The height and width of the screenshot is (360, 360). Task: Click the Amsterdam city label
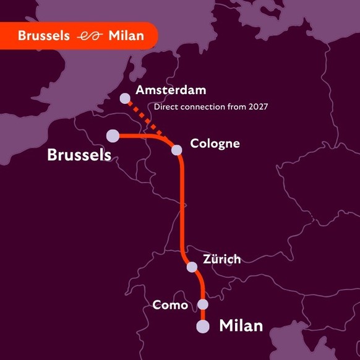(x=171, y=90)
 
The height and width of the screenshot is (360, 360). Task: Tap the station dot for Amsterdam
(x=125, y=98)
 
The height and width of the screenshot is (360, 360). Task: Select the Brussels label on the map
(x=79, y=155)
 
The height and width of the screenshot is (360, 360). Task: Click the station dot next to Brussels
(x=113, y=135)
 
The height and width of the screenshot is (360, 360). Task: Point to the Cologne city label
(x=215, y=144)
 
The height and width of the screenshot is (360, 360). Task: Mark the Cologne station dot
(x=177, y=150)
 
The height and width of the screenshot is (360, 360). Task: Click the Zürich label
(x=221, y=259)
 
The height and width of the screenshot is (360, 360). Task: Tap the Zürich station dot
(x=192, y=267)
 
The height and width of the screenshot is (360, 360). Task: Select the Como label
(x=169, y=304)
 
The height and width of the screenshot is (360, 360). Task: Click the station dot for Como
(x=203, y=304)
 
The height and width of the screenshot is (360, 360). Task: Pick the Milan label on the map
(x=241, y=325)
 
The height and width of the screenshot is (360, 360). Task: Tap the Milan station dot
(x=203, y=327)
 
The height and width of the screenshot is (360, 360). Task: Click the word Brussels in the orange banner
(x=43, y=36)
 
